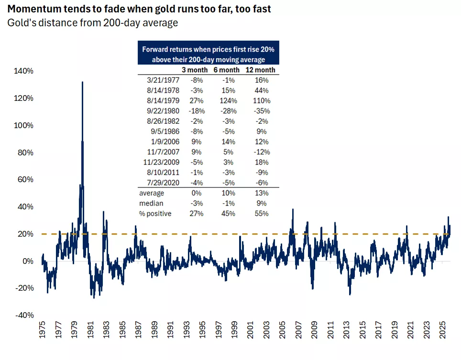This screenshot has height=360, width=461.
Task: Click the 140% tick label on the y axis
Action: click(24, 71)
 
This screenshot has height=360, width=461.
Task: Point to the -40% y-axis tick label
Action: click(24, 315)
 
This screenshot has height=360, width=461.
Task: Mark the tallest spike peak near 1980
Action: click(82, 82)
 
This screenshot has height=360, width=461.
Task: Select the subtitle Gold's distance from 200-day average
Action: click(92, 23)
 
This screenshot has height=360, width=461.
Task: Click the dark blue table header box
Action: click(208, 55)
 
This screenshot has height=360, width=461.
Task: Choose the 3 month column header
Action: click(196, 70)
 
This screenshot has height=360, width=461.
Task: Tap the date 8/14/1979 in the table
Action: click(158, 101)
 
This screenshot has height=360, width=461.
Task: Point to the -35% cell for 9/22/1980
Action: click(261, 111)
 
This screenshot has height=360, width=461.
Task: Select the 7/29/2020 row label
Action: click(158, 183)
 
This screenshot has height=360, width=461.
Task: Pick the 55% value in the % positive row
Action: click(261, 213)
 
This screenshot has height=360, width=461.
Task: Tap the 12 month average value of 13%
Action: click(261, 193)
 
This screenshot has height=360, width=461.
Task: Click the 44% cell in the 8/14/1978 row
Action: click(261, 90)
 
